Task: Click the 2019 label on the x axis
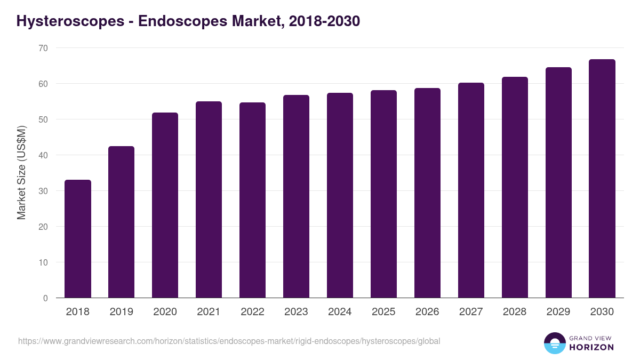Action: tap(122, 312)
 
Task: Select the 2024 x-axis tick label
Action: tap(340, 312)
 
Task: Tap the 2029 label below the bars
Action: tap(558, 312)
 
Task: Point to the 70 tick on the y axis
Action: tap(43, 48)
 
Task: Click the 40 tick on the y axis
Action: tap(43, 155)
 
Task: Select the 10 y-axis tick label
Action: tap(43, 262)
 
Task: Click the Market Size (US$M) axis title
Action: tap(22, 173)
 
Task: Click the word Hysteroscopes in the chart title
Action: tap(68, 21)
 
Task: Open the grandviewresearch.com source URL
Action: tap(229, 341)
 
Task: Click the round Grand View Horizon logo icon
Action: tap(555, 343)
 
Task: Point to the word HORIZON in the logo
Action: tap(592, 347)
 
